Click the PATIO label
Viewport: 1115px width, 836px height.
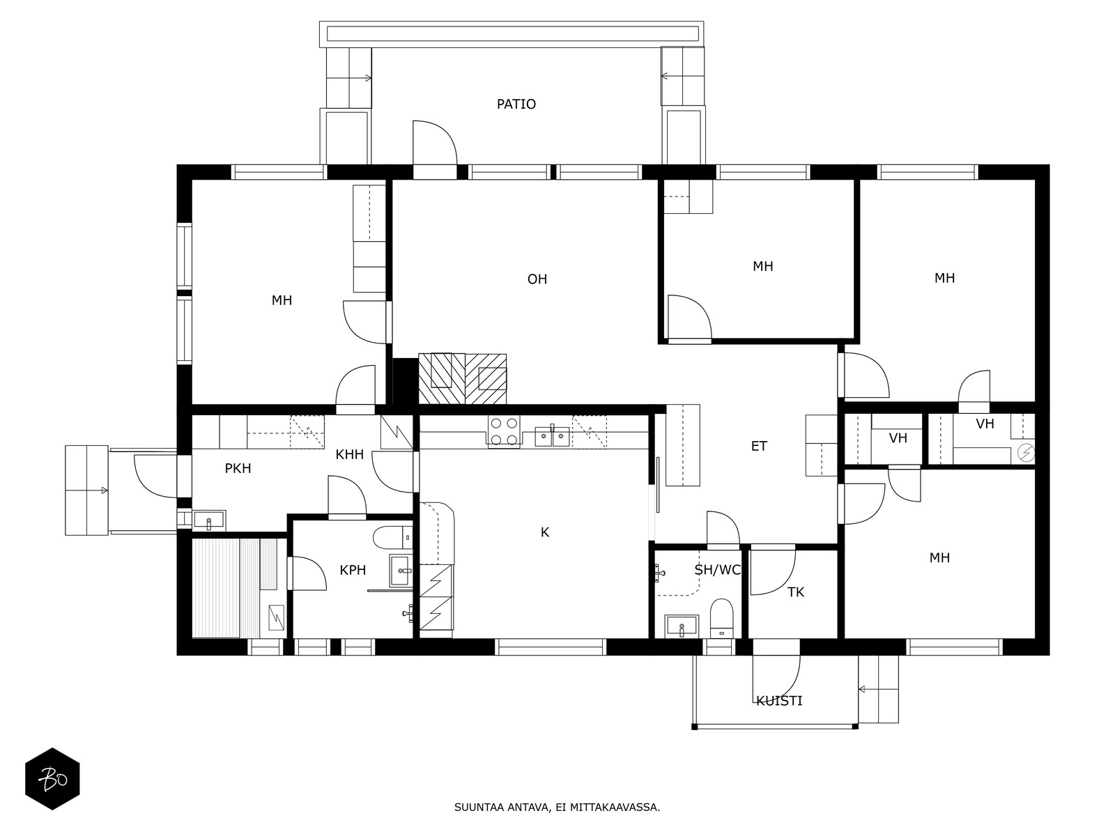point(516,104)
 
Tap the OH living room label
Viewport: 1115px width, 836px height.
point(537,279)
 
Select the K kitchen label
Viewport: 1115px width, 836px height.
point(544,532)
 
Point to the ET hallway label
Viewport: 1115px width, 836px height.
point(758,446)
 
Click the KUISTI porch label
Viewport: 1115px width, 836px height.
point(778,701)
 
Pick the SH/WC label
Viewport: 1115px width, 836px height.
point(717,570)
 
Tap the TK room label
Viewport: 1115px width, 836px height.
point(796,592)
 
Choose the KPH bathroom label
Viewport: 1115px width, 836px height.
point(353,570)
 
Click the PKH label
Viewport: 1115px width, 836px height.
point(238,468)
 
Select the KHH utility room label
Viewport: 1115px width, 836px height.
point(349,454)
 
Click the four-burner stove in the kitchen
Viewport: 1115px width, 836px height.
point(503,431)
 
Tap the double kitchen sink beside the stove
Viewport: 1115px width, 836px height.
point(552,436)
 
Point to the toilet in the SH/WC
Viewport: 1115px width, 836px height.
point(721,618)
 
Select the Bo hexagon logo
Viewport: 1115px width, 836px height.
point(52,779)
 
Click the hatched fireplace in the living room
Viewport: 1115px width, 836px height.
point(462,379)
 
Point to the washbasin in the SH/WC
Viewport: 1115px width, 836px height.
point(682,626)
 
